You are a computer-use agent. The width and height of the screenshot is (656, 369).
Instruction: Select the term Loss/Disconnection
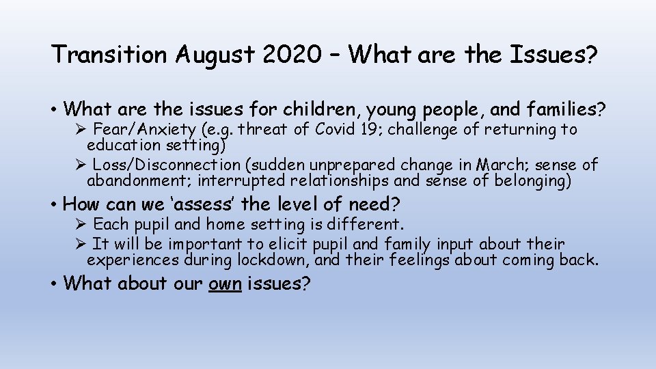166,165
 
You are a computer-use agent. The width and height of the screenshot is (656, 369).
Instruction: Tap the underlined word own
225,284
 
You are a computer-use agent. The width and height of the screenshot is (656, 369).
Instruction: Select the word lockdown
267,260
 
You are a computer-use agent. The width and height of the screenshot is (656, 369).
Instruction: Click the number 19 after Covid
370,129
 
